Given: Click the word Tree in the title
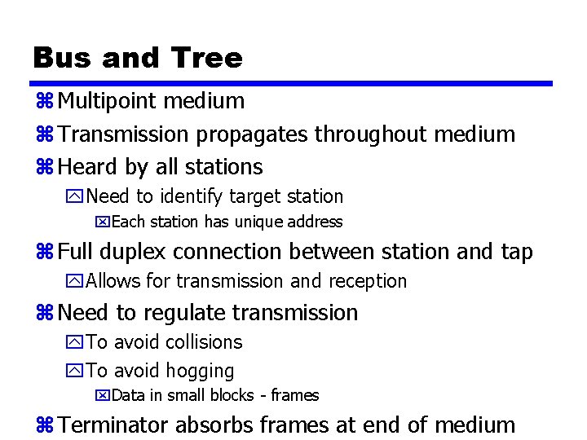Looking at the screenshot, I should [207, 58].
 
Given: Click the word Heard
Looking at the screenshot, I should [88, 167].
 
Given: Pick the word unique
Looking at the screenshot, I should [257, 222].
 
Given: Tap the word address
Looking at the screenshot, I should [312, 222].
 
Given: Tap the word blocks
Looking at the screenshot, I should [231, 396].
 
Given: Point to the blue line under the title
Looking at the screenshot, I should [293, 83].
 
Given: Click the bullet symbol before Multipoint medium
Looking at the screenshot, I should [45, 102].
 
